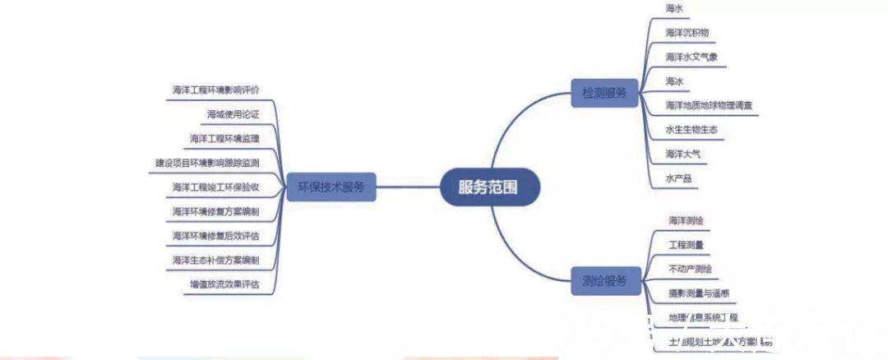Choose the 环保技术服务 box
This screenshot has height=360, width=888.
(x=331, y=187)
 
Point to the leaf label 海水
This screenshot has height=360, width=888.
(x=674, y=8)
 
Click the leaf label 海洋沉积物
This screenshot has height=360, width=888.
(x=687, y=33)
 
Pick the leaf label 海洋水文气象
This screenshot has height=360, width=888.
(x=691, y=58)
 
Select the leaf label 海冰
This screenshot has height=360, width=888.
(x=674, y=81)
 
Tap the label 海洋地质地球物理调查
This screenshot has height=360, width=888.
(x=709, y=106)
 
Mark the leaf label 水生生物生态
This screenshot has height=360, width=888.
(x=691, y=130)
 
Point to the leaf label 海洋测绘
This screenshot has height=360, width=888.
(x=685, y=220)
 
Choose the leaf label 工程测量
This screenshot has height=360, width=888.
(x=685, y=244)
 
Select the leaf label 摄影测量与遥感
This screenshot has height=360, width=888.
(x=699, y=293)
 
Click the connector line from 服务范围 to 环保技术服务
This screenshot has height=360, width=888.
(x=407, y=187)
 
